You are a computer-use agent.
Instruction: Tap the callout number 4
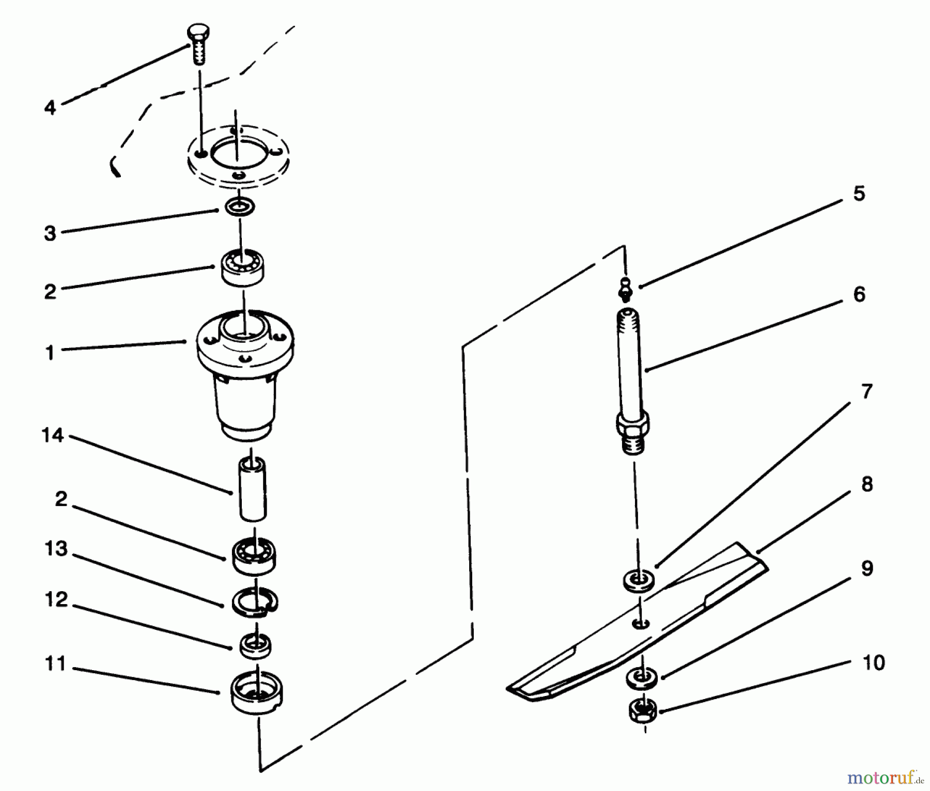click(x=50, y=108)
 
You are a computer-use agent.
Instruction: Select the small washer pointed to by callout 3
click(x=240, y=208)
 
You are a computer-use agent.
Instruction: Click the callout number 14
click(x=53, y=435)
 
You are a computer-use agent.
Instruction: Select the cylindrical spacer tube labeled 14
click(x=252, y=489)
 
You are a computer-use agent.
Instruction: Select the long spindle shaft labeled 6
click(x=631, y=361)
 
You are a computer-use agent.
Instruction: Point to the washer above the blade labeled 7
click(x=639, y=579)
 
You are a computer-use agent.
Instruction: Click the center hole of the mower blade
click(x=641, y=625)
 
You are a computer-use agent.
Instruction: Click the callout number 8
click(x=867, y=484)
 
